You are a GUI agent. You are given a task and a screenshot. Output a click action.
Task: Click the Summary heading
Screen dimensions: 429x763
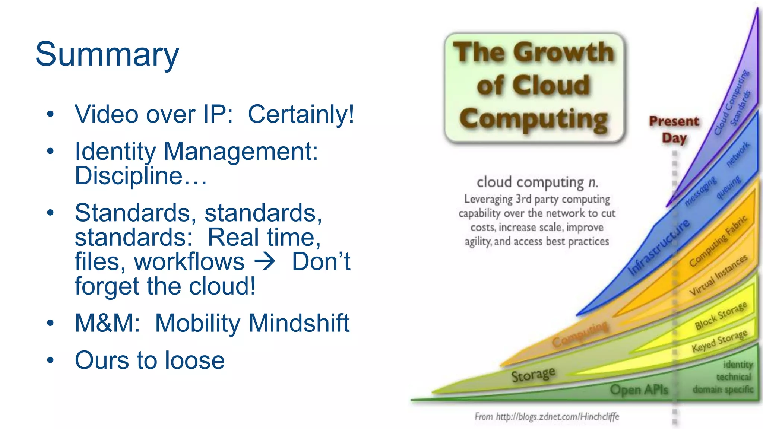coord(107,55)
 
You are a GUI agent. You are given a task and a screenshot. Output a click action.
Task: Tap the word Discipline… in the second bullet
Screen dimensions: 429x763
coord(140,176)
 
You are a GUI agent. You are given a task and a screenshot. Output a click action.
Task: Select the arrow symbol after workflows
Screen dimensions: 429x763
coord(265,262)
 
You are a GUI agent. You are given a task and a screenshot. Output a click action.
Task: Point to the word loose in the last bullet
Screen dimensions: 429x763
coord(194,360)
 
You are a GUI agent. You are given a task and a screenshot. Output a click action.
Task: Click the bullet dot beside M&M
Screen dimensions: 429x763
coord(51,323)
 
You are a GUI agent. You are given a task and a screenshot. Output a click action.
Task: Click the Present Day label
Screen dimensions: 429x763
coord(674,129)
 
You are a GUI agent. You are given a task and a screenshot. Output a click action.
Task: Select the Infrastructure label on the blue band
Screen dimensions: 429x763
coord(659,247)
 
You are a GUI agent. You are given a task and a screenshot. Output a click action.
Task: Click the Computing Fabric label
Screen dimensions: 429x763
coord(718,241)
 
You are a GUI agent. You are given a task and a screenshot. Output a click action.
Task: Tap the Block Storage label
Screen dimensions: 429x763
coord(721,315)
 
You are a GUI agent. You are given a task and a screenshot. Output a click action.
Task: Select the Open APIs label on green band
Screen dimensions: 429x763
coord(639,390)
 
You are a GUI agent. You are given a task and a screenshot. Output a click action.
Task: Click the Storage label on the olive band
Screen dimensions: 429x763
coord(533,374)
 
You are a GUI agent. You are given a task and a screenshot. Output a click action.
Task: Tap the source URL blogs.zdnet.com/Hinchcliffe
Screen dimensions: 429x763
coord(557,416)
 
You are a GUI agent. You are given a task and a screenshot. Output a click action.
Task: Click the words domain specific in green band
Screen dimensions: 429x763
coord(723,390)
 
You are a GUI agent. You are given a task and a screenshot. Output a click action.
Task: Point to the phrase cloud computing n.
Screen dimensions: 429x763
coord(537,182)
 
